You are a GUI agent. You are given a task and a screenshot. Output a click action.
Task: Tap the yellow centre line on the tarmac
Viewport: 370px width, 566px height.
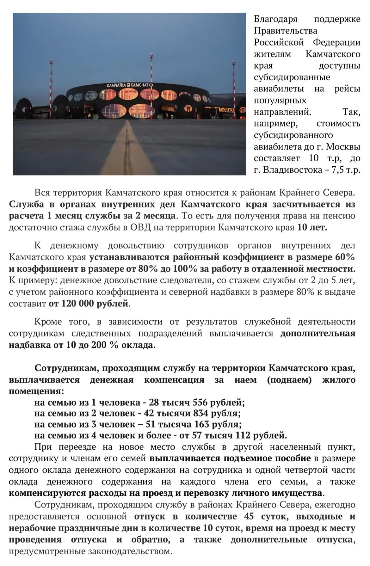(x=128, y=149)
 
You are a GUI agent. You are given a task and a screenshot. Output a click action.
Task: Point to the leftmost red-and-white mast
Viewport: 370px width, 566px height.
(x=51, y=79)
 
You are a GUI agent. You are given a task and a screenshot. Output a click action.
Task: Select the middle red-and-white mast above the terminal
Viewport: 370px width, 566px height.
(x=151, y=70)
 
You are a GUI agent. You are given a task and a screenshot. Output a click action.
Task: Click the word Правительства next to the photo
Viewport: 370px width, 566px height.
(x=286, y=31)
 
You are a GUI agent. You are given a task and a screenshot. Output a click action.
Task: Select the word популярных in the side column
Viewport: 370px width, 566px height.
(x=280, y=100)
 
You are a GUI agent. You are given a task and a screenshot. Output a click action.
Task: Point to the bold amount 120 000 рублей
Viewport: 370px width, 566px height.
(x=89, y=304)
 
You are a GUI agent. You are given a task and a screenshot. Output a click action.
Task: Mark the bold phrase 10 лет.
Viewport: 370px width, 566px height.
(x=312, y=227)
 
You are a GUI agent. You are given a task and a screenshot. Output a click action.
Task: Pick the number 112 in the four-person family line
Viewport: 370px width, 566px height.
(x=244, y=435)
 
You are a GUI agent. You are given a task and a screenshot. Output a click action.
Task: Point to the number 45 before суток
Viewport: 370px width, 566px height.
(x=249, y=516)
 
